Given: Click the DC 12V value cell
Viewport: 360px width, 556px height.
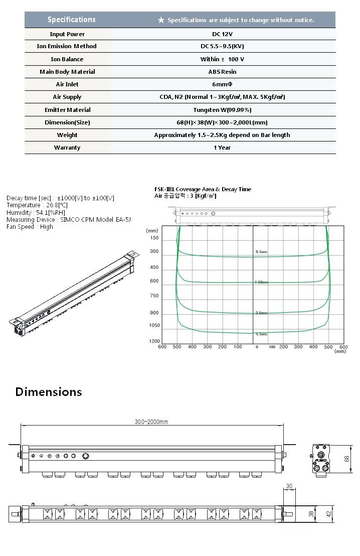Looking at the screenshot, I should (222, 34).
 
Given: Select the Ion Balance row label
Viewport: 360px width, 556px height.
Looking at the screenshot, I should (67, 59).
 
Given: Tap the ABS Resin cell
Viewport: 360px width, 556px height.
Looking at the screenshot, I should (222, 72).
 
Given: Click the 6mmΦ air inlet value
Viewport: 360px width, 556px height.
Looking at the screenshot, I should (222, 84).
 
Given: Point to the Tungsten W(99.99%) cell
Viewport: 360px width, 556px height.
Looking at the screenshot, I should (222, 110).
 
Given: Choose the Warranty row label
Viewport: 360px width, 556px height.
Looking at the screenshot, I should (67, 148).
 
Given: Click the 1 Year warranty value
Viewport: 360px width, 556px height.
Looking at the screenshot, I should (222, 148).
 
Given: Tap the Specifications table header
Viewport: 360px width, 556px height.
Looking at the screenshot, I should (71, 20).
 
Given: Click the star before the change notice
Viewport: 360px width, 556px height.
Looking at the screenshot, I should (161, 20).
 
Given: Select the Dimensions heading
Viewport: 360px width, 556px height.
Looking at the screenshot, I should (48, 392).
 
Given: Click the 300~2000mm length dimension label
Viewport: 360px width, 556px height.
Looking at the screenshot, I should (151, 422).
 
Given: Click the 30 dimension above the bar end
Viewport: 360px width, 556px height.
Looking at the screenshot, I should (289, 486).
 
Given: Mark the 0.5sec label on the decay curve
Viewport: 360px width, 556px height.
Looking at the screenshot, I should (261, 251).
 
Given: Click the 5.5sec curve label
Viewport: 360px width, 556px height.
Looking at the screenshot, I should (261, 334).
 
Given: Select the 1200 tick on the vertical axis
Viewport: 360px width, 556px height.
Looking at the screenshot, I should (154, 341).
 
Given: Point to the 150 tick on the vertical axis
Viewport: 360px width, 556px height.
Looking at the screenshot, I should (154, 238).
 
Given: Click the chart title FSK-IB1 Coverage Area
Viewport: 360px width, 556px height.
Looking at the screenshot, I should (203, 189).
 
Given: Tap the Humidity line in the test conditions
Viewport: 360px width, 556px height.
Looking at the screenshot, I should (30, 213).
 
